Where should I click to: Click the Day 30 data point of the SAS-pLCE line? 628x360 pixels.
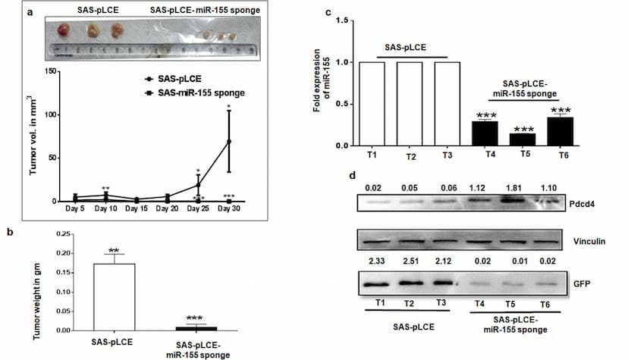coord(228,141)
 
